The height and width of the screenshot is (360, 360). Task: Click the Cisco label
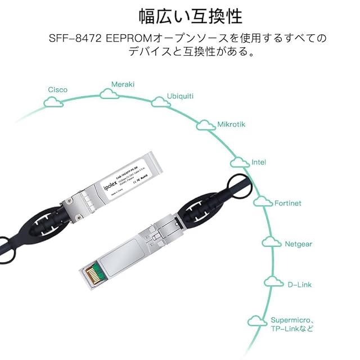[57, 89]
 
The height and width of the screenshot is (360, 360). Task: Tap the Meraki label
[123, 84]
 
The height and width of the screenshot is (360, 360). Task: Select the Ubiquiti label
[180, 96]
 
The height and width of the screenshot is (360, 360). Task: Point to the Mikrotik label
[231, 124]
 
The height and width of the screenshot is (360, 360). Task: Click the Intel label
[259, 162]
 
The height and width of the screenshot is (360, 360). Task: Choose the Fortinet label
[287, 202]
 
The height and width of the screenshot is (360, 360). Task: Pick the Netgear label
[298, 244]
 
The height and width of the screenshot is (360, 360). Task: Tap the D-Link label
[299, 285]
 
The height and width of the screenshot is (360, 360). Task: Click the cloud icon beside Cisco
[53, 102]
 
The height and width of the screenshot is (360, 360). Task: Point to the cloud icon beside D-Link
[273, 284]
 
